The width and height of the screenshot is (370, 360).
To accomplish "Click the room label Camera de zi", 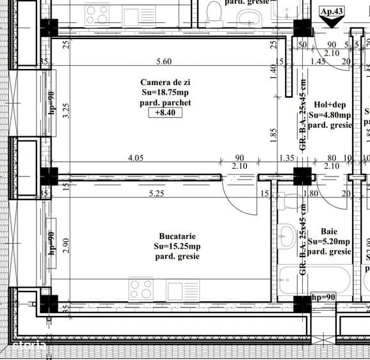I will (165, 82).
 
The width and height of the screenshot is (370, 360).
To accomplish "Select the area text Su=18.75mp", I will (165, 92).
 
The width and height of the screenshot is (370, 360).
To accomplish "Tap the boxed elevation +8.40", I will (165, 113).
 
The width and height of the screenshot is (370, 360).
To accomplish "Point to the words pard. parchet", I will (165, 102).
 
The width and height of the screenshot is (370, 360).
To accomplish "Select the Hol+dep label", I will (330, 105).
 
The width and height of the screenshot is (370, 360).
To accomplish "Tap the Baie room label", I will (329, 231).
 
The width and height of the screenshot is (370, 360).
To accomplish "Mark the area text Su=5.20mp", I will (329, 242).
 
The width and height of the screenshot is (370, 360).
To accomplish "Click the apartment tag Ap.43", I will (332, 11).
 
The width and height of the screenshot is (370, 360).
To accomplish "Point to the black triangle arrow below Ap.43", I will (332, 22).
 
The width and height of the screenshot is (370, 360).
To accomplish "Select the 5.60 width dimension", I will (163, 61).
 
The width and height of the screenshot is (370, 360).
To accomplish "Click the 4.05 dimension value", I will (134, 157).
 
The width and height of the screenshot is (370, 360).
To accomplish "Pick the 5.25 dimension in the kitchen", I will (157, 193).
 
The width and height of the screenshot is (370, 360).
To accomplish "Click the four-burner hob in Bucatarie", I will (141, 289).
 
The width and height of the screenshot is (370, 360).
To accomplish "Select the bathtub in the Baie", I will (315, 279).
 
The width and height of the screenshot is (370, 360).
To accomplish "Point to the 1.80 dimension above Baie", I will (310, 193).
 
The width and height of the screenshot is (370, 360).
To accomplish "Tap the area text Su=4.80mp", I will (330, 115).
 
